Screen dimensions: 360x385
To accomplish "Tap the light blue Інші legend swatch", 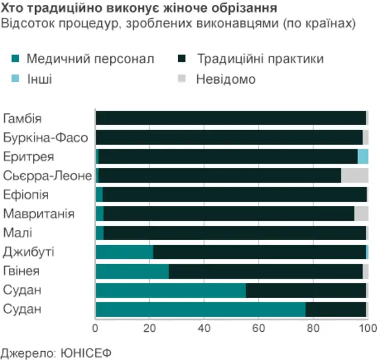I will [16, 79].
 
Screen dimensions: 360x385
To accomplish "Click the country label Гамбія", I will [22, 119].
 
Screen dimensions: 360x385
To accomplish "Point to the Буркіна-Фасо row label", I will [46, 138].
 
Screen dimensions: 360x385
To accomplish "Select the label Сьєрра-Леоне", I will [48, 176].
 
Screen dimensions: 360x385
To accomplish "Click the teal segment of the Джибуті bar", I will [125, 252].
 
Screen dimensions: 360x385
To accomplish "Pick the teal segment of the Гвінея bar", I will [132, 271].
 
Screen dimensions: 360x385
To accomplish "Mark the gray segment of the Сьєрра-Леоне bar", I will [354, 176].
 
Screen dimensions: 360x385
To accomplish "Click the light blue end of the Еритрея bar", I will [363, 157].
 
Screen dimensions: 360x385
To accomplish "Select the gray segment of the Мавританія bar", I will [361, 214].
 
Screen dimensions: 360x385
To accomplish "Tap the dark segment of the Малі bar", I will [235, 233].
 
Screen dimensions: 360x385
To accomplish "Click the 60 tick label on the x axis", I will [259, 328].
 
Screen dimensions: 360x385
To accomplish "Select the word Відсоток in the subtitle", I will [25, 23].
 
